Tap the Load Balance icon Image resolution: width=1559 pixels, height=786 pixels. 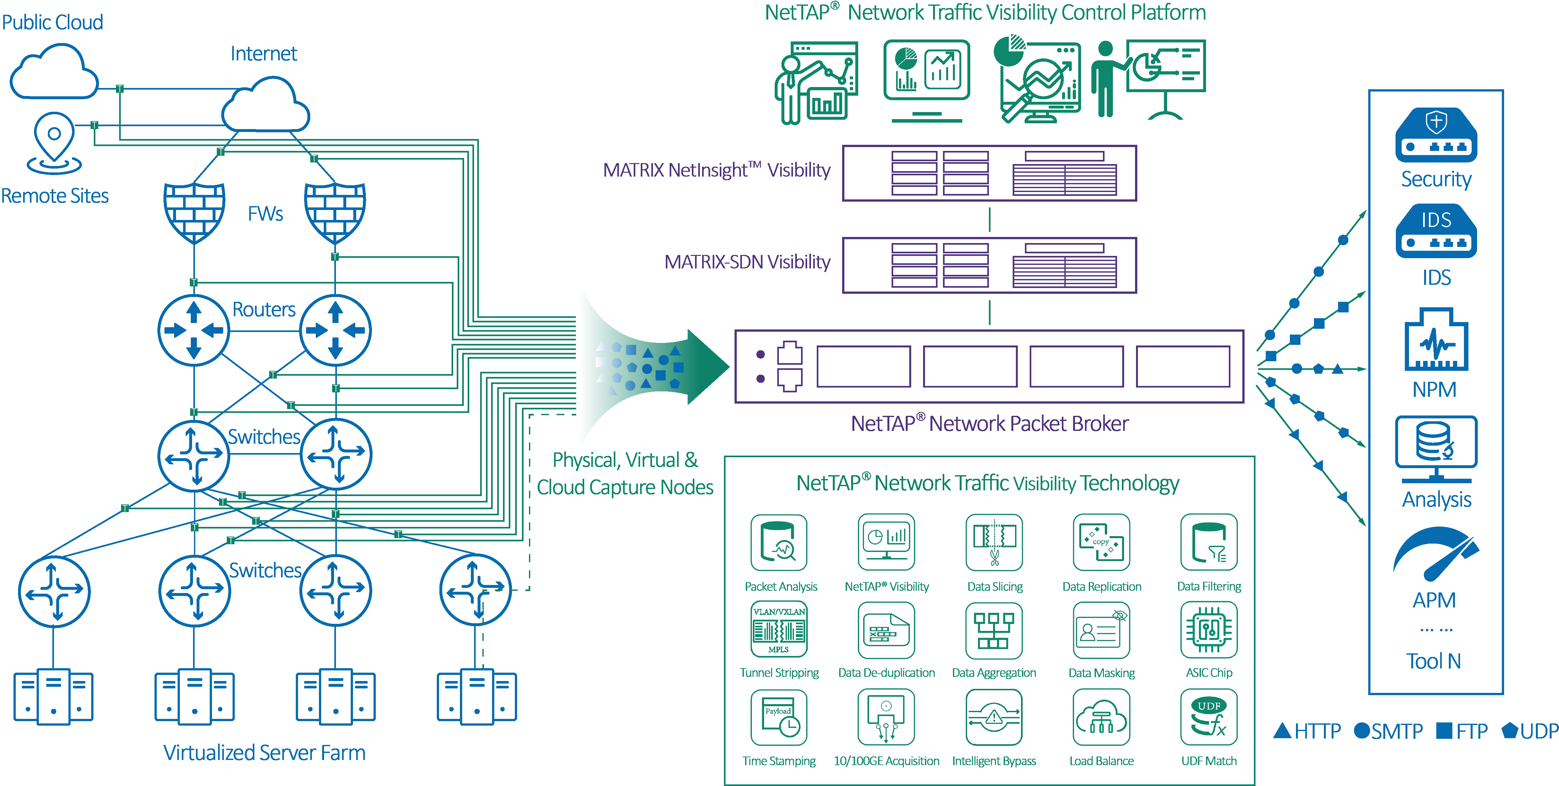[x=1101, y=717]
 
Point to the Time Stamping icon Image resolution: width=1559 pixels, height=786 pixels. [x=779, y=717]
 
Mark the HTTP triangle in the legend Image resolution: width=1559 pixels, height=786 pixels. [x=1282, y=731]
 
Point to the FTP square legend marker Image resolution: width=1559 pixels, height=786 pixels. [x=1444, y=731]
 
